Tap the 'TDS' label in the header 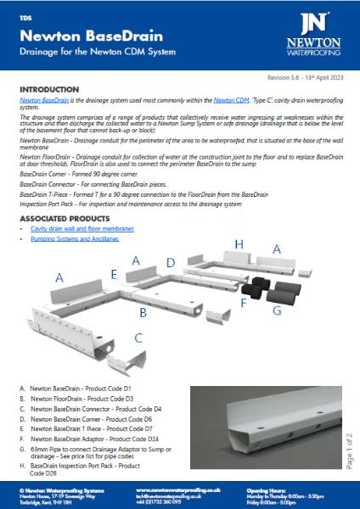[25, 16]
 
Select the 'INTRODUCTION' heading [53, 89]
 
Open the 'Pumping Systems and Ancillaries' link [76, 240]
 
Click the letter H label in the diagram [239, 244]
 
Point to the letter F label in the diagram [243, 301]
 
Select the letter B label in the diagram [143, 312]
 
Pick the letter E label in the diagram [113, 274]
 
